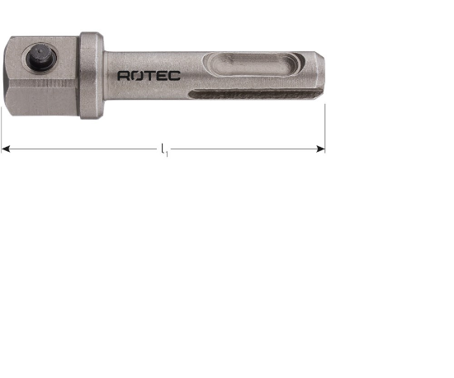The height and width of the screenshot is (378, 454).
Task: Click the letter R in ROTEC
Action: (x=124, y=75)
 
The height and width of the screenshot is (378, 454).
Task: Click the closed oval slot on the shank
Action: (x=247, y=62)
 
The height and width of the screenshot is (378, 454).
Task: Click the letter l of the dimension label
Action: (x=163, y=149)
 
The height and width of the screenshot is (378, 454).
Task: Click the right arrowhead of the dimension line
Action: (x=320, y=149)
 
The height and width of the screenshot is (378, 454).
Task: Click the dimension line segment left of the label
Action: (x=83, y=149)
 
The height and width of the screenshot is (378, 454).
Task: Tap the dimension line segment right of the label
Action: (x=248, y=149)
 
